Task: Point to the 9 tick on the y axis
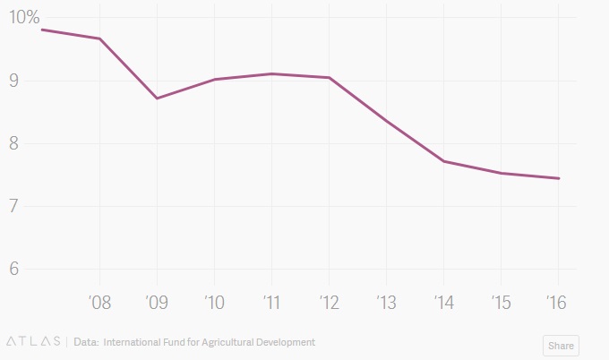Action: click(x=15, y=81)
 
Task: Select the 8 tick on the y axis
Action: click(x=15, y=143)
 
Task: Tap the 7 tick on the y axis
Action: click(x=15, y=206)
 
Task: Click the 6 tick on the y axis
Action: click(x=15, y=269)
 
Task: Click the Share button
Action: click(x=561, y=346)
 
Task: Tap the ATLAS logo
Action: click(x=33, y=342)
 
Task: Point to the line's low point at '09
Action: click(x=157, y=98)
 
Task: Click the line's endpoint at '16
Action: click(x=559, y=178)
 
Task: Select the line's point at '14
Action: click(x=443, y=161)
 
